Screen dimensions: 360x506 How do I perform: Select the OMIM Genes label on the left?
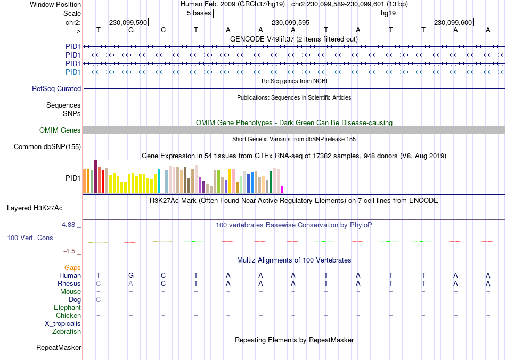pyautogui.click(x=60, y=130)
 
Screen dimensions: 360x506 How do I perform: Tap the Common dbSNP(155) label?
pyautogui.click(x=47, y=147)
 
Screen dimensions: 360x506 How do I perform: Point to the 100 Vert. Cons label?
pyautogui.click(x=30, y=238)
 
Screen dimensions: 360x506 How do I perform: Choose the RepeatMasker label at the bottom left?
pyautogui.click(x=59, y=348)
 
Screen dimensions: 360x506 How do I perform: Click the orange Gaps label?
pyautogui.click(x=72, y=267)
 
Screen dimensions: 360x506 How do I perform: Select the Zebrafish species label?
pyautogui.click(x=67, y=332)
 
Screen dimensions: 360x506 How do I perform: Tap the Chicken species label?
pyautogui.click(x=68, y=316)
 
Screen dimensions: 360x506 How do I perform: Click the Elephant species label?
pyautogui.click(x=67, y=308)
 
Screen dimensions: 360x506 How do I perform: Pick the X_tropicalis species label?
pyautogui.click(x=63, y=324)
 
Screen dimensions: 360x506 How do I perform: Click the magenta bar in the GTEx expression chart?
pyautogui.click(x=282, y=189)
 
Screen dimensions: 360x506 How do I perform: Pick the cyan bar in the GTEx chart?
pyautogui.click(x=159, y=181)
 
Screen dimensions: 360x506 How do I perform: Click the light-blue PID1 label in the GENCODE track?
pyautogui.click(x=73, y=72)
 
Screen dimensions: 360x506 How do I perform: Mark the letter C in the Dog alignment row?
pyautogui.click(x=99, y=300)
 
